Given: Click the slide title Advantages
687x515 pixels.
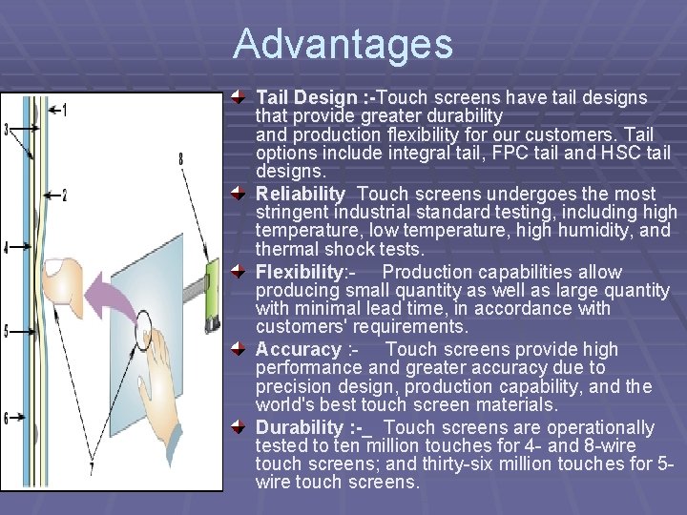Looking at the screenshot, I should pos(343,44).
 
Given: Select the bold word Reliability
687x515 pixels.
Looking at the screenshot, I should pos(300,194).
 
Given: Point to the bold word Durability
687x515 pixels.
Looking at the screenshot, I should pos(299,427).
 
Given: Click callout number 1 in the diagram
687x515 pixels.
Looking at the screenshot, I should pos(64,111).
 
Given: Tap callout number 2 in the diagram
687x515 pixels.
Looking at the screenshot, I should pos(64,196).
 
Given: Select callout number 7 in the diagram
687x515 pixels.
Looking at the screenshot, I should pos(92,468).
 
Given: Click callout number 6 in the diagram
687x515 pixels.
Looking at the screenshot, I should pos(6,418).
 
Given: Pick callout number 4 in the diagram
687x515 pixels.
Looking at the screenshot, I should pos(6,248).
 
